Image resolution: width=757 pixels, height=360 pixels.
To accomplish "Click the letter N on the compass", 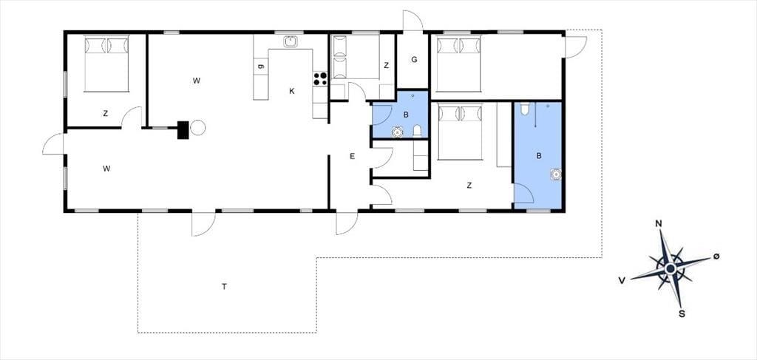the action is point(658,223).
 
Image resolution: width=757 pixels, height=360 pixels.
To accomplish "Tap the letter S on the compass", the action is point(682,314).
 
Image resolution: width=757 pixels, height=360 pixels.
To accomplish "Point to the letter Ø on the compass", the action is point(716,257).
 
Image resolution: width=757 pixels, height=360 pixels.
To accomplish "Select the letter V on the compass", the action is point(622,280).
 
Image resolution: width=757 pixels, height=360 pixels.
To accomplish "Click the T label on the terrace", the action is point(224,287).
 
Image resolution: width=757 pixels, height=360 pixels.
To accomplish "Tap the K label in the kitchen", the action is point(291,91).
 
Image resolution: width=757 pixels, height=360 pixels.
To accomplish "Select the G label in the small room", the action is point(414,60).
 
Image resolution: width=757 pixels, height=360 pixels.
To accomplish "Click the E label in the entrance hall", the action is point(353,156).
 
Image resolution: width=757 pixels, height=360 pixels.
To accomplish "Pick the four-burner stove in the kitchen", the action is point(320,78).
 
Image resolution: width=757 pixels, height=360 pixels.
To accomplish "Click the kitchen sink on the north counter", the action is point(291,41).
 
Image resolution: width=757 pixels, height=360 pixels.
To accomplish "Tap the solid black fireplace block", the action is point(183,130).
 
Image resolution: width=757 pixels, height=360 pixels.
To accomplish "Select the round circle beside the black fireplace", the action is point(198,128).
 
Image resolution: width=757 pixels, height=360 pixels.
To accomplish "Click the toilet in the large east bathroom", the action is point(526,109).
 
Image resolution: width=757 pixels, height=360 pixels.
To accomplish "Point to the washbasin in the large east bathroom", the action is point(556,174).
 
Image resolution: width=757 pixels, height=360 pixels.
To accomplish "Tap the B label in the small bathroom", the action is point(406,115).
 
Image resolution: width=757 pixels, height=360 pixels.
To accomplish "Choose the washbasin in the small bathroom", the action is point(397,132).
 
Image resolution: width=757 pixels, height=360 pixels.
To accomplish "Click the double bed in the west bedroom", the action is point(106,64).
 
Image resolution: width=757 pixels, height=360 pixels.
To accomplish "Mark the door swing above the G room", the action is point(413,20).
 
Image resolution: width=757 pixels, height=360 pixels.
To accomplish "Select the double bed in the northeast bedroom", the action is point(458,64).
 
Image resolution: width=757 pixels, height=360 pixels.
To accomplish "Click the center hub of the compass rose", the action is point(670,268).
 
